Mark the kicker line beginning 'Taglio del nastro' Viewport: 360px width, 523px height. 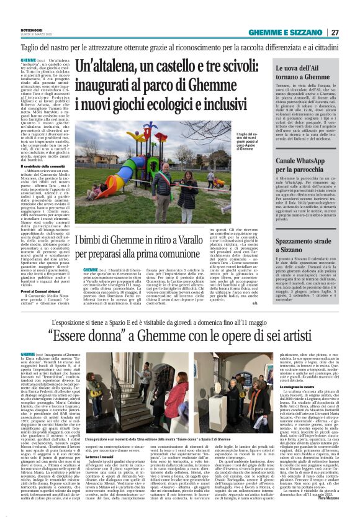click(180, 47)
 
